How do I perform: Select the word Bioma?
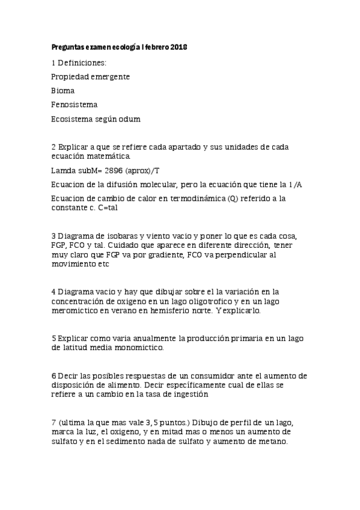pos(63,91)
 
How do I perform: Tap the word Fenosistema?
pos(75,105)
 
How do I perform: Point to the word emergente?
pos(110,76)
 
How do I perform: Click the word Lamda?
pos(64,171)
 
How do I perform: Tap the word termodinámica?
pos(198,199)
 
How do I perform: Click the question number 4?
pos(53,292)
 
